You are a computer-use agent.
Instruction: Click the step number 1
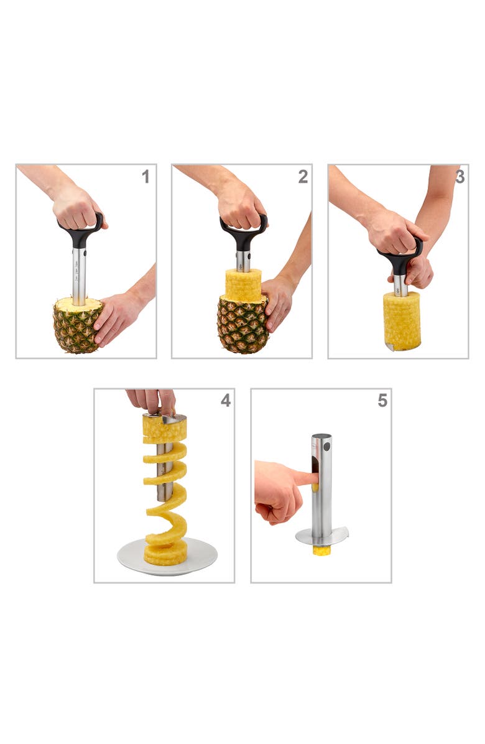tap(145, 177)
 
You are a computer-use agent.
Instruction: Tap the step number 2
tap(303, 177)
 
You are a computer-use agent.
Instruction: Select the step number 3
tap(460, 177)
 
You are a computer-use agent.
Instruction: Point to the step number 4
tap(225, 401)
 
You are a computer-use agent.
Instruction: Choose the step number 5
tap(382, 401)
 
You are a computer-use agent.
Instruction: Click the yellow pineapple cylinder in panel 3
tap(402, 321)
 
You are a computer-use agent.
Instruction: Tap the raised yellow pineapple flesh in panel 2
tap(243, 284)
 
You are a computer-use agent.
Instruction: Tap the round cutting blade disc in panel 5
tap(336, 535)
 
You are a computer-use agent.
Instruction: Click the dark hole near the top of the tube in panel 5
tap(327, 447)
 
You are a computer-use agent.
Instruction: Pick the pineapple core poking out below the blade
tap(321, 550)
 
